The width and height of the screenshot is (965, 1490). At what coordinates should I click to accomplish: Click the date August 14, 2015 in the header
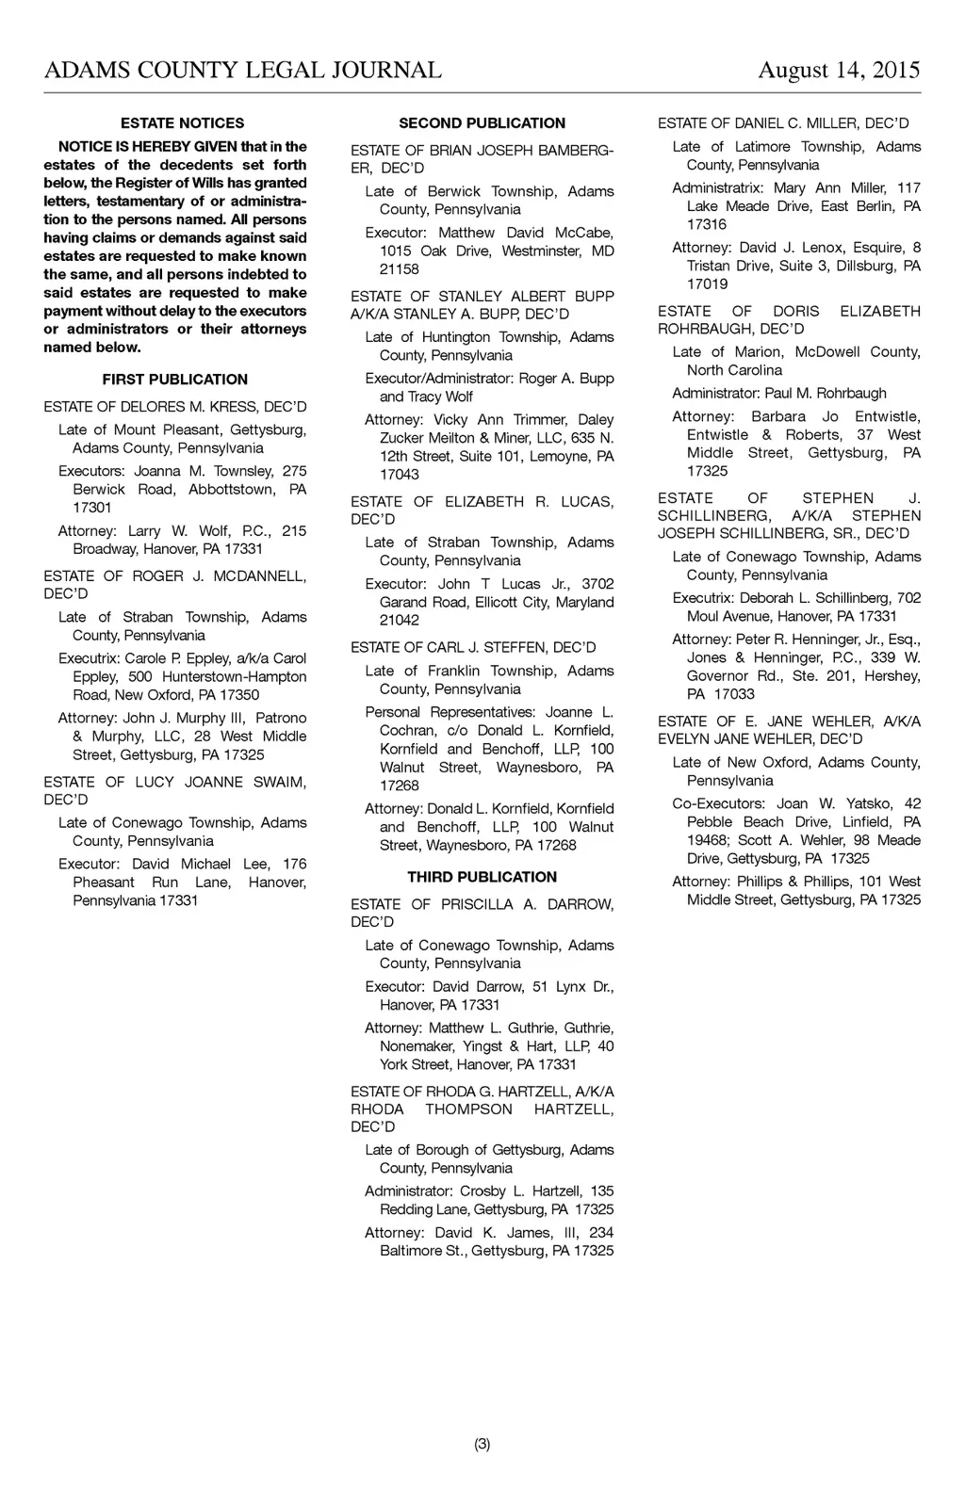pyautogui.click(x=839, y=71)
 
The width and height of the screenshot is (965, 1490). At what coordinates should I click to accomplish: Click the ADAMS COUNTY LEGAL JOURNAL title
pyautogui.click(x=243, y=71)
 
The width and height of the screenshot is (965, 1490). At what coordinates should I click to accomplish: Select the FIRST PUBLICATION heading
pyautogui.click(x=175, y=380)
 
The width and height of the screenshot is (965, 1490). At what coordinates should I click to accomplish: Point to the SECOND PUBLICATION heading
pyautogui.click(x=482, y=123)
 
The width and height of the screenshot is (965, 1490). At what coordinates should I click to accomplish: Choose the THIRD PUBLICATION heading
pyautogui.click(x=482, y=877)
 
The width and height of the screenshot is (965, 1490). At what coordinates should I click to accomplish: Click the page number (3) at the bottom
pyautogui.click(x=482, y=1444)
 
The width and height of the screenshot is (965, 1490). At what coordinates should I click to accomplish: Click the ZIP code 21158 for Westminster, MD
pyautogui.click(x=400, y=269)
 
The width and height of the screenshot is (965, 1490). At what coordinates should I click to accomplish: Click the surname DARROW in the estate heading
pyautogui.click(x=580, y=904)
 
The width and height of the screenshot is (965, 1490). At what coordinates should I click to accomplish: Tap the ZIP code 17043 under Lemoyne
pyautogui.click(x=400, y=475)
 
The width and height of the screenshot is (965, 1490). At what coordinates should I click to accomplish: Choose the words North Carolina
pyautogui.click(x=735, y=370)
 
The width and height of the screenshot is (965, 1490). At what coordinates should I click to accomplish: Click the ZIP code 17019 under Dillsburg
pyautogui.click(x=707, y=284)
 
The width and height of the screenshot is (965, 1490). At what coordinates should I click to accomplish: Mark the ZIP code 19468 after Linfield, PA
pyautogui.click(x=707, y=840)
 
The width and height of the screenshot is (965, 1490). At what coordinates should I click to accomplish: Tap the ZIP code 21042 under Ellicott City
pyautogui.click(x=400, y=621)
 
